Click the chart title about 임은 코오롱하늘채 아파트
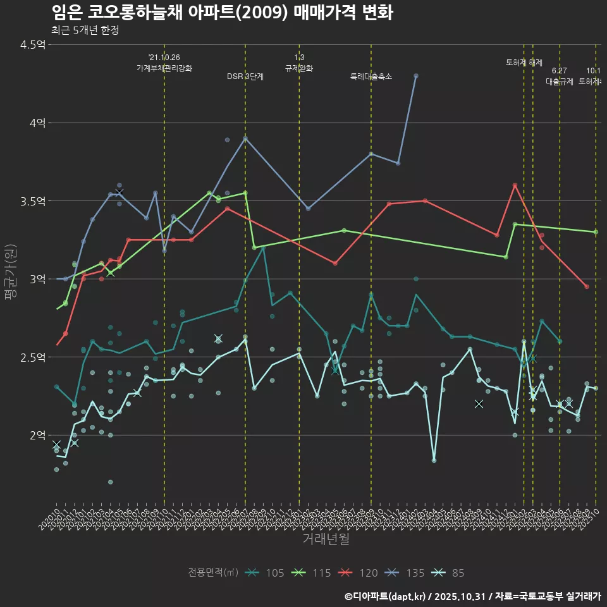click(222, 13)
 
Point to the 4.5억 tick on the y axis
click(33, 44)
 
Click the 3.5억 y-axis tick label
click(33, 201)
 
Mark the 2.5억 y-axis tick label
click(33, 357)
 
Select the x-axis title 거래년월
click(326, 539)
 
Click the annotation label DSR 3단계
click(245, 77)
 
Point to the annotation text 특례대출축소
click(371, 77)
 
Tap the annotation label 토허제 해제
click(524, 62)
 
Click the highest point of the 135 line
click(416, 75)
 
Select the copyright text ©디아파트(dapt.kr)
click(386, 596)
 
